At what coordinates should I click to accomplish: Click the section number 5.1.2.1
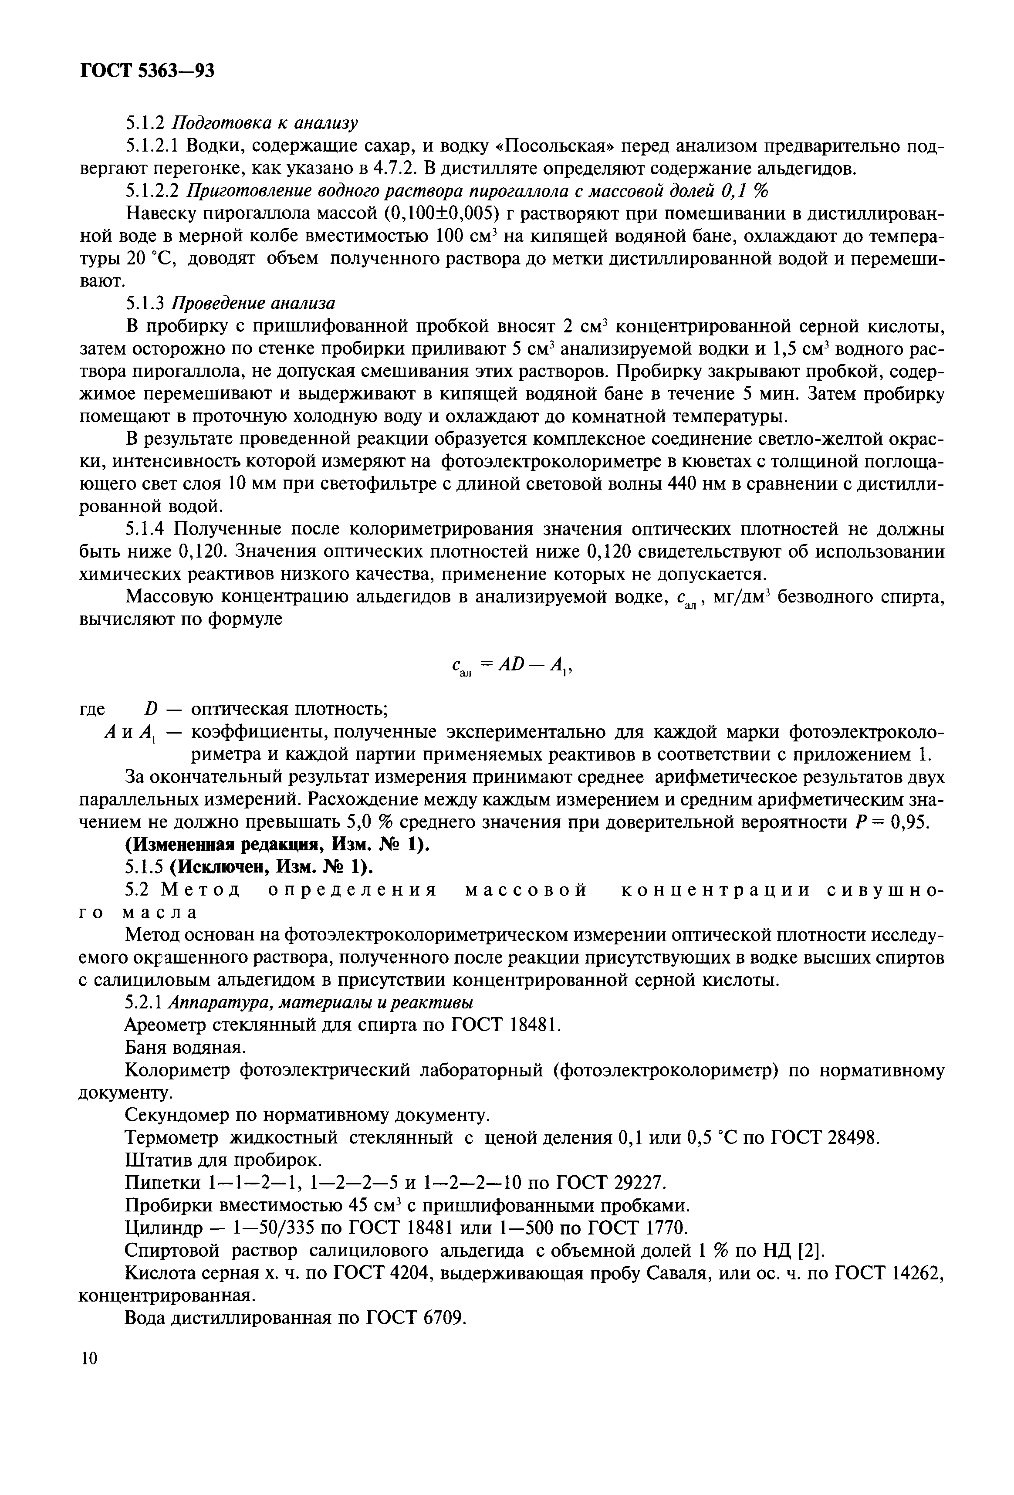pyautogui.click(x=152, y=147)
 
